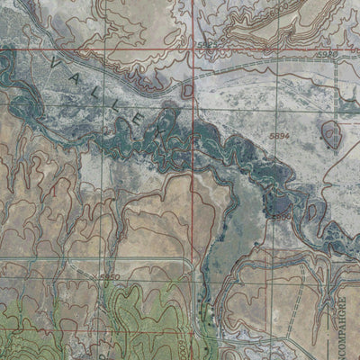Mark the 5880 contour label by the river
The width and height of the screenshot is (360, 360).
(280, 215)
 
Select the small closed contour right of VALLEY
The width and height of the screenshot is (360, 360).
(188, 90)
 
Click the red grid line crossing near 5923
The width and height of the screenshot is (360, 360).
(195, 49)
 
